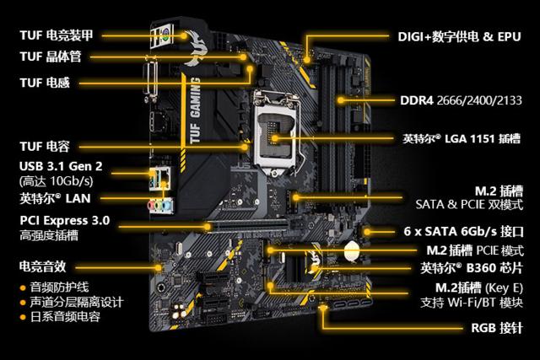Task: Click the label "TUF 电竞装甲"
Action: click(57, 35)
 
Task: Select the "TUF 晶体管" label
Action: click(51, 56)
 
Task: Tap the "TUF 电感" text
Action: click(45, 83)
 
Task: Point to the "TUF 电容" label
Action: click(45, 146)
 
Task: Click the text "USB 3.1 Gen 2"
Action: click(61, 166)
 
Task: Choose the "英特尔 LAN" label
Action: click(55, 199)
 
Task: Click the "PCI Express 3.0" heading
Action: click(65, 220)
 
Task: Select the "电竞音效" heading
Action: click(43, 266)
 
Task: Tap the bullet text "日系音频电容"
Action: click(66, 317)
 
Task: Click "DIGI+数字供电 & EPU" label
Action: click(459, 36)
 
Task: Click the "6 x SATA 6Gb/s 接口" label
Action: click(463, 231)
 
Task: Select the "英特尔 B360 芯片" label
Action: click(472, 268)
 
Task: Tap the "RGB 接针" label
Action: click(497, 328)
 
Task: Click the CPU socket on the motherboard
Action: click(277, 132)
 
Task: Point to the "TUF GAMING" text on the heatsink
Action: click(195, 110)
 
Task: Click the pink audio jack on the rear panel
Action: click(151, 206)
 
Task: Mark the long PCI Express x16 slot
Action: click(248, 225)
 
